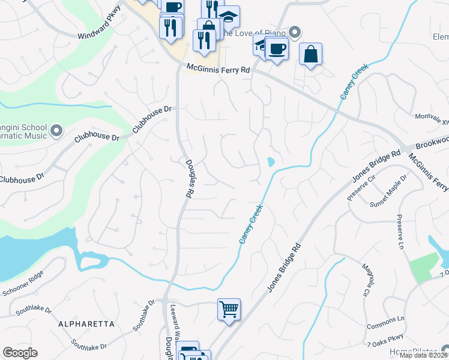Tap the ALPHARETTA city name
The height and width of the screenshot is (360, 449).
click(86, 324)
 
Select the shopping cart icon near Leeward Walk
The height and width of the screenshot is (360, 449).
click(229, 310)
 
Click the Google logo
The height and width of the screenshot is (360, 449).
click(20, 353)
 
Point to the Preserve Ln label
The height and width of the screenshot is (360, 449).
click(400, 232)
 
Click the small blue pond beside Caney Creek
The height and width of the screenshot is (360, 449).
click(271, 161)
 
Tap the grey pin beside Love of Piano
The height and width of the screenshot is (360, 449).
click(294, 32)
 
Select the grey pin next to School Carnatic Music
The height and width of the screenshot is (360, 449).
click(56, 130)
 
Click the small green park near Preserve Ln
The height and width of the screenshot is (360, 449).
click(425, 265)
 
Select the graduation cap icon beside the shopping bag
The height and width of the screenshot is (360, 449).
click(228, 17)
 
